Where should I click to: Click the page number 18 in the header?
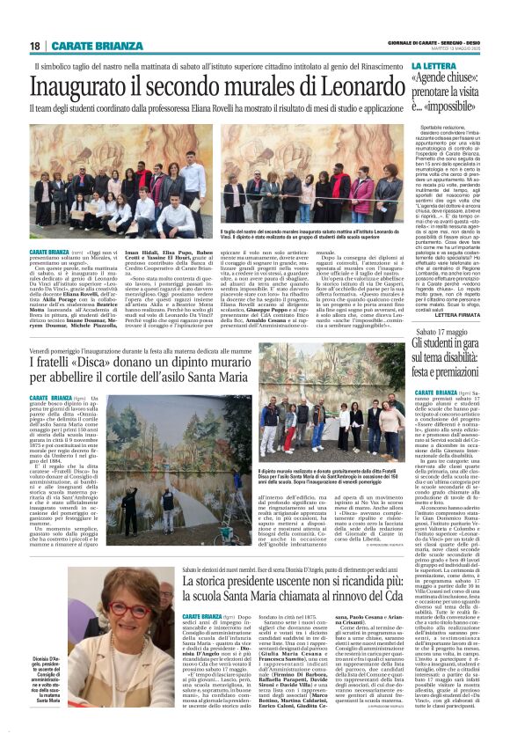(x=34, y=46)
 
